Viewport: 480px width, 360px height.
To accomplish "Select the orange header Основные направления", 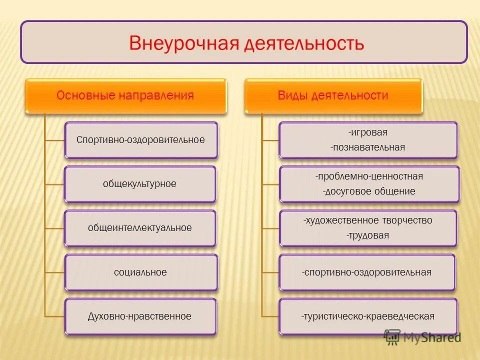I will [125, 95].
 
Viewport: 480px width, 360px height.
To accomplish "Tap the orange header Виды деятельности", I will [333, 95].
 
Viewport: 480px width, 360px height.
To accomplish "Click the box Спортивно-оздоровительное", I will [140, 140].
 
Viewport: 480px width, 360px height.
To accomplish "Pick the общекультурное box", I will [139, 184].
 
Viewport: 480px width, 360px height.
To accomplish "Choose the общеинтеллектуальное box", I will [140, 228].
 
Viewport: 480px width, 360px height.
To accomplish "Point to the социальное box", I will [140, 272].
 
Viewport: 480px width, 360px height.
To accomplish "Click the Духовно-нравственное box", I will [140, 316].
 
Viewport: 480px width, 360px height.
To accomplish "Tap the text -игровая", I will [368, 133].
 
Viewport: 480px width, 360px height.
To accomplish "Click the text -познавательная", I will [368, 147].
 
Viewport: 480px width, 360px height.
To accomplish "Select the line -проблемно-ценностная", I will [369, 176].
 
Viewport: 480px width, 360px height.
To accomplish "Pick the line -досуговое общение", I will [369, 191].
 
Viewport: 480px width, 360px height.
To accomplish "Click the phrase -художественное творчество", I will [367, 220].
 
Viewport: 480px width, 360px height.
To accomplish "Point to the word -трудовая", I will [367, 235].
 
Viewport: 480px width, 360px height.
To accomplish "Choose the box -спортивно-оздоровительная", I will [366, 272].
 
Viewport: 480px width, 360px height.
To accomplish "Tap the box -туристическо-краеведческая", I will [367, 316].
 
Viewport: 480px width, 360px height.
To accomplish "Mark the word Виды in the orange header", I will [291, 95].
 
